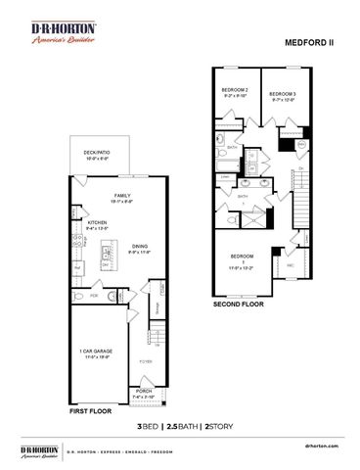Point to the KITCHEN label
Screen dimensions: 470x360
click(x=98, y=224)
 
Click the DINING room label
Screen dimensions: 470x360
click(x=139, y=247)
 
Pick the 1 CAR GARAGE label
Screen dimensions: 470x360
click(x=96, y=351)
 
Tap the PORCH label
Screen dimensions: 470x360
click(x=144, y=391)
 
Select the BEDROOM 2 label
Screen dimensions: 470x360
click(x=235, y=93)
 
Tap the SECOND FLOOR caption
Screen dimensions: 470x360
click(x=239, y=305)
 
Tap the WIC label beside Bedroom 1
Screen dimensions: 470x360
click(x=291, y=264)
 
